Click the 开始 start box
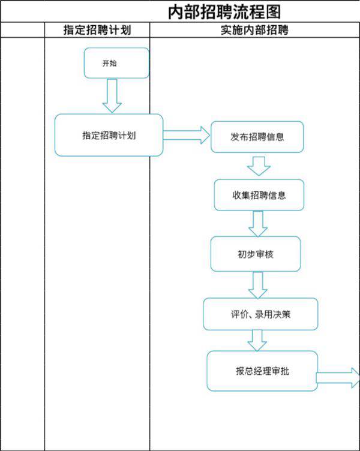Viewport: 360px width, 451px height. [116, 63]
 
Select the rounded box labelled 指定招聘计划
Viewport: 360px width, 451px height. [109, 135]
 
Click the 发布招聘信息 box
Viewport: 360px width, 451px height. [257, 137]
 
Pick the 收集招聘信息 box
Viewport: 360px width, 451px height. [259, 196]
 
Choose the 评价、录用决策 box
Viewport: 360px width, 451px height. [260, 314]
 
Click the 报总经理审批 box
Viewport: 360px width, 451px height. [262, 371]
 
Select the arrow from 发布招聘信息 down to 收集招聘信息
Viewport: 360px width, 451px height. [259, 166]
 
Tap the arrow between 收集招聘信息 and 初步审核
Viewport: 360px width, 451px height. [258, 224]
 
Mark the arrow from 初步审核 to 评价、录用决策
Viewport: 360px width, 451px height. [259, 284]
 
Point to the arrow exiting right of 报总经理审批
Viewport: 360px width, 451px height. [338, 378]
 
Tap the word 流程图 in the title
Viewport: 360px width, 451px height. [258, 11]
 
